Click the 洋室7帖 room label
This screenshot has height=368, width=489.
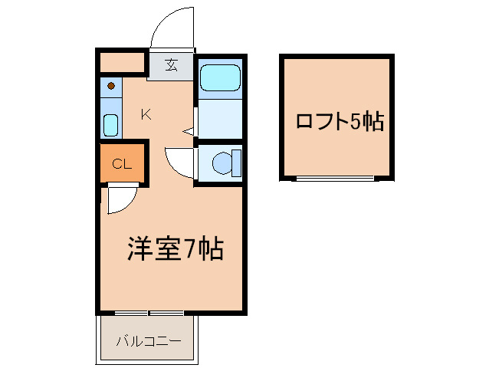click(175, 248)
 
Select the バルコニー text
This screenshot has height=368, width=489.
click(149, 340)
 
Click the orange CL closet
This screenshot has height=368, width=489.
click(121, 163)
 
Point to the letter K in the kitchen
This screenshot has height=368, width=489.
click(146, 115)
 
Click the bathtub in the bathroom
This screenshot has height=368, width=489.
click(220, 77)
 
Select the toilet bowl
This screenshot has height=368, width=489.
click(222, 163)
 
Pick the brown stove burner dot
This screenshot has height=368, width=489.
click(112, 86)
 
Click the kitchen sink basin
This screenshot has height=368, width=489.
click(111, 124)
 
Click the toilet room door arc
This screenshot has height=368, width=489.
click(178, 162)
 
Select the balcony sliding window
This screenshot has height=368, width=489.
click(149, 313)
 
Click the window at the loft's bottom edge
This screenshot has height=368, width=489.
click(336, 178)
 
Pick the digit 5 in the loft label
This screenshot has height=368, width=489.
click(356, 121)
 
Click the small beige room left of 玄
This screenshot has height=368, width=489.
click(123, 61)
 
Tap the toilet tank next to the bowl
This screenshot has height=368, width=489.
click(236, 162)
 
